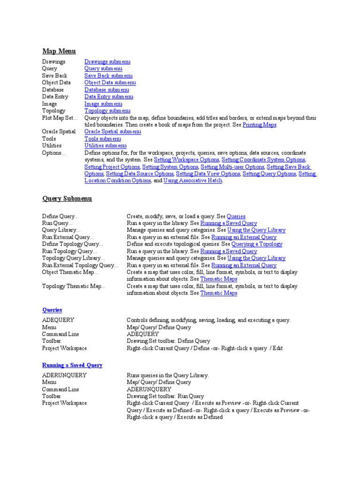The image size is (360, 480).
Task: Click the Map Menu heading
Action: (59, 51)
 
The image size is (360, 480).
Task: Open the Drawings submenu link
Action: (107, 61)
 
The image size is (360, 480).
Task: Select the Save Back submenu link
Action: (108, 75)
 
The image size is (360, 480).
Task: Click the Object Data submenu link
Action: (110, 82)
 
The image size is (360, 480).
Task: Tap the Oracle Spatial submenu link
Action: (112, 132)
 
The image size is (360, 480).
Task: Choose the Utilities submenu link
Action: (105, 146)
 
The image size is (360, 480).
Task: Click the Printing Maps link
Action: (259, 125)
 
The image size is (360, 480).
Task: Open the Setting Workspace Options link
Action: (187, 160)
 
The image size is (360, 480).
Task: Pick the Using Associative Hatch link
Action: (193, 180)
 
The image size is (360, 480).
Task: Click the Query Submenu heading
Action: (67, 198)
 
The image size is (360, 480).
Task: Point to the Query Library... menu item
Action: (61, 230)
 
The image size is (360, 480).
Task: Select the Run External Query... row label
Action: (67, 237)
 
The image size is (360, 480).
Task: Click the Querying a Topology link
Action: (257, 244)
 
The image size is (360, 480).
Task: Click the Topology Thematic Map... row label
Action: (74, 286)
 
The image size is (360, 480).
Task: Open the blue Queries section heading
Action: (52, 310)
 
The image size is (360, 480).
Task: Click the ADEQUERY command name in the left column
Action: (58, 320)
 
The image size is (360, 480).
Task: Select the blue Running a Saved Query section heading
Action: (72, 365)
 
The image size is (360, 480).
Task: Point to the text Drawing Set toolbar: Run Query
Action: (165, 396)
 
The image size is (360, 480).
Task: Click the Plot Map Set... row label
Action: (60, 118)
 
